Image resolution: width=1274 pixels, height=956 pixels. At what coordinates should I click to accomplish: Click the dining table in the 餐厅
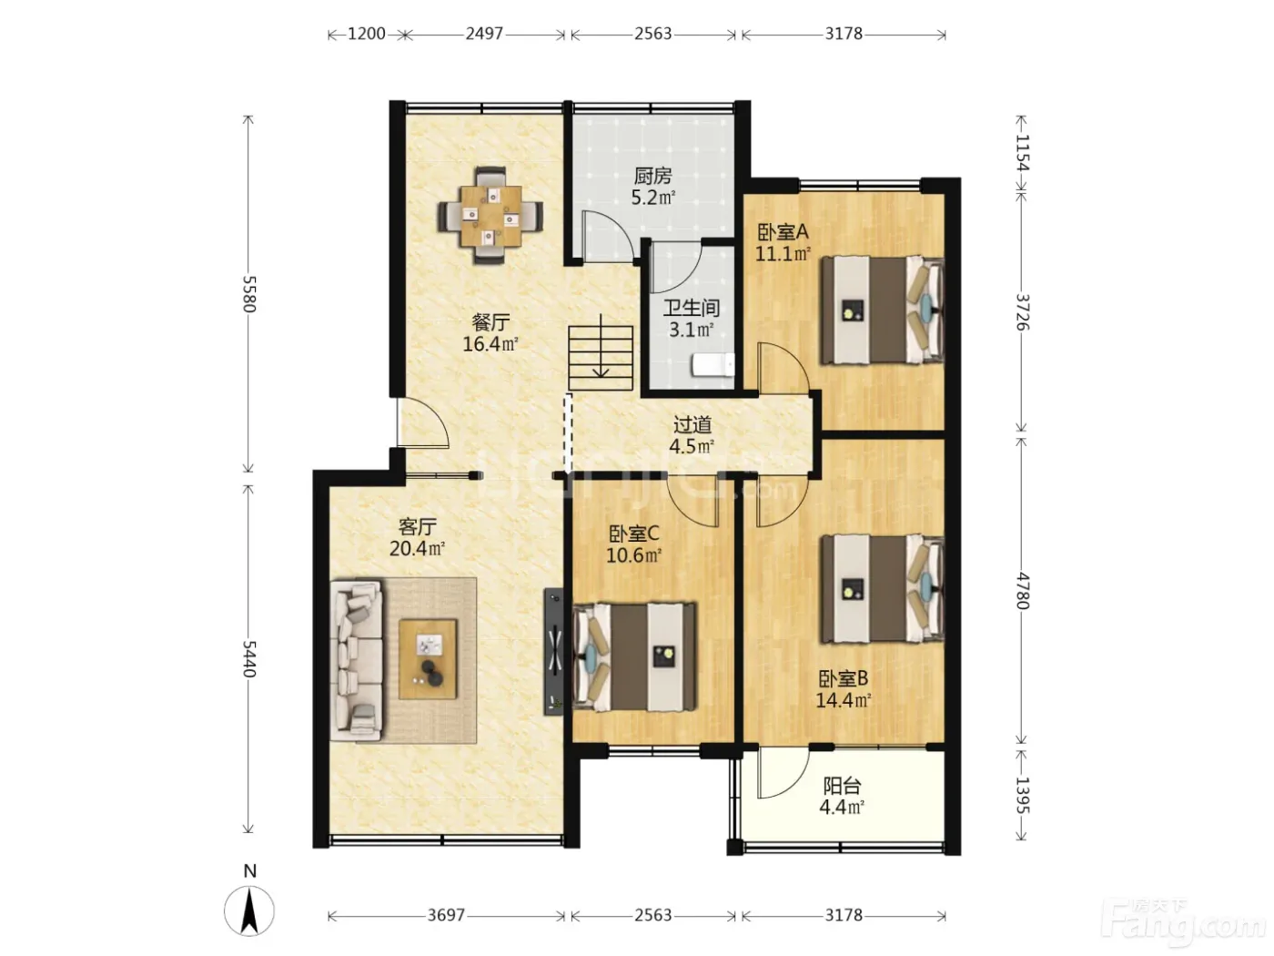(490, 216)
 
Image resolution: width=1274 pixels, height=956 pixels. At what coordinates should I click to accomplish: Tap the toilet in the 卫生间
(713, 365)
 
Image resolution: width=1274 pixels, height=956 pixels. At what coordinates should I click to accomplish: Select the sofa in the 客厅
(357, 661)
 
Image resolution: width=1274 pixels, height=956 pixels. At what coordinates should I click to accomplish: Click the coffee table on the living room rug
(429, 659)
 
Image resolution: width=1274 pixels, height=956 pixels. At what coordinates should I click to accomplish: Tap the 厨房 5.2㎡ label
(653, 187)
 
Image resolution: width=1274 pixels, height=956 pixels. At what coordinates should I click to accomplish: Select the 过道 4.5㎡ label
(692, 435)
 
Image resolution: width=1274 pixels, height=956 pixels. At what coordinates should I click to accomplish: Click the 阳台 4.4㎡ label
(842, 797)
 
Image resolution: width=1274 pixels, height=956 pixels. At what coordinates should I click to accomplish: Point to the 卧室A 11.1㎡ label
(783, 242)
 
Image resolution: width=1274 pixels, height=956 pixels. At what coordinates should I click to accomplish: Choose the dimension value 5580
(249, 294)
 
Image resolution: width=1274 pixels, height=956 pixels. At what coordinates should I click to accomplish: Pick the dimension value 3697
(446, 915)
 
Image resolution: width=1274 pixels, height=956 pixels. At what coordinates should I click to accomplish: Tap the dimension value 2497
(484, 34)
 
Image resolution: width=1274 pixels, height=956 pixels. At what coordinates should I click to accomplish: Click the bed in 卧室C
(633, 657)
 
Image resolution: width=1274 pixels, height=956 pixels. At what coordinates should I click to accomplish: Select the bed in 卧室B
(882, 588)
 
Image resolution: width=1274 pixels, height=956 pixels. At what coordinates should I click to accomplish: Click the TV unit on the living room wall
(553, 653)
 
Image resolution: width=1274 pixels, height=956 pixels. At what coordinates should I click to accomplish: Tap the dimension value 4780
(1022, 591)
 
